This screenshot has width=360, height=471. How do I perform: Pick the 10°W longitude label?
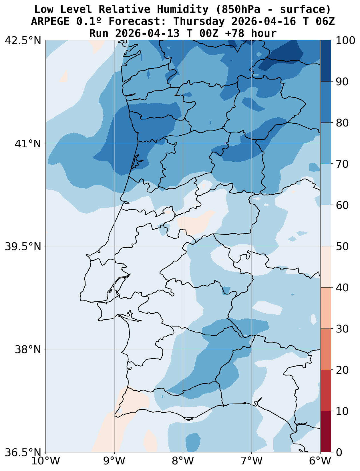(46, 461)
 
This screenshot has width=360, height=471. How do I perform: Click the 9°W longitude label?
(114, 461)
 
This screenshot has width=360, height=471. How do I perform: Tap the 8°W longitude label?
(183, 461)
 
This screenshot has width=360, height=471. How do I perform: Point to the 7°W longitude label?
(252, 461)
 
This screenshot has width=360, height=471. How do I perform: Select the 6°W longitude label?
(320, 461)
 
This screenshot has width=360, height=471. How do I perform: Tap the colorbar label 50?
(342, 246)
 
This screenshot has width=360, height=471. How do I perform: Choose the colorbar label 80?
(342, 123)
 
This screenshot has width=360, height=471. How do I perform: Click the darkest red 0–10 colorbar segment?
(326, 432)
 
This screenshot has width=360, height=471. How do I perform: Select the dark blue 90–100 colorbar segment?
(326, 61)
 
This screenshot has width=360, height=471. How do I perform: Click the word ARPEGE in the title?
(50, 21)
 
